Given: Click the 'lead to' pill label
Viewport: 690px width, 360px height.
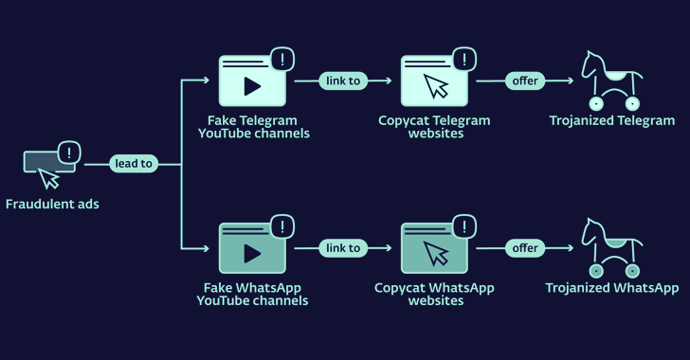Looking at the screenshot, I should (x=134, y=163).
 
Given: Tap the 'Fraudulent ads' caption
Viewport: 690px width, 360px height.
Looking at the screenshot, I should (x=52, y=204).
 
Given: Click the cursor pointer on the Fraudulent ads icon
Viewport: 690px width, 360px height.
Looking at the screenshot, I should (x=48, y=177).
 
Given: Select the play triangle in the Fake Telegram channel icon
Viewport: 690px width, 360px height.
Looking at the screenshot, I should (x=252, y=86).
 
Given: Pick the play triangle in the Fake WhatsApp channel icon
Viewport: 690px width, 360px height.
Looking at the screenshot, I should (x=252, y=254).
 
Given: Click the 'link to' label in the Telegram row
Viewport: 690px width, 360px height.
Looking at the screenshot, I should (x=342, y=81).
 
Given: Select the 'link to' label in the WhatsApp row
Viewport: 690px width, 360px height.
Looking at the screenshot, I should (x=342, y=248).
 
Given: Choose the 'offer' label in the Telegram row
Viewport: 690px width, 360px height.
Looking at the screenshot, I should (x=524, y=81).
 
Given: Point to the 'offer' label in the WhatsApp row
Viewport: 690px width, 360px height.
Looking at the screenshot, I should (x=524, y=248).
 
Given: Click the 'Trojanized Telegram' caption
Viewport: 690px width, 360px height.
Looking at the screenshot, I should (x=612, y=120).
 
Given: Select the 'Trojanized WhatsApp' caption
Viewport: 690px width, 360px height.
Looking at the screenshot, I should (x=612, y=288).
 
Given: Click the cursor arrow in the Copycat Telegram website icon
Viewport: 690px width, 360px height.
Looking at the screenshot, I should (x=435, y=87).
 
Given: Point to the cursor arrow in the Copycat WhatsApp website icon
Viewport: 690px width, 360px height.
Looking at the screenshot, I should (x=435, y=255).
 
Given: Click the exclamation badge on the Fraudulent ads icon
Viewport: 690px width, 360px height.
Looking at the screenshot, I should (x=69, y=152).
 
